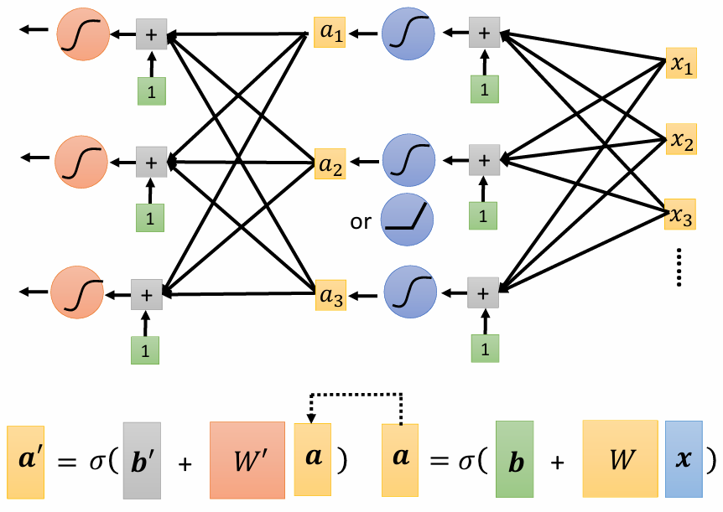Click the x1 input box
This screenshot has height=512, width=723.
[679, 65]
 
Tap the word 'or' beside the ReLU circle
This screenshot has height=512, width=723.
[361, 222]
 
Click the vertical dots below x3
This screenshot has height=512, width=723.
[680, 268]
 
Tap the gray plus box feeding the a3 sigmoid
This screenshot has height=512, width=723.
[482, 294]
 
